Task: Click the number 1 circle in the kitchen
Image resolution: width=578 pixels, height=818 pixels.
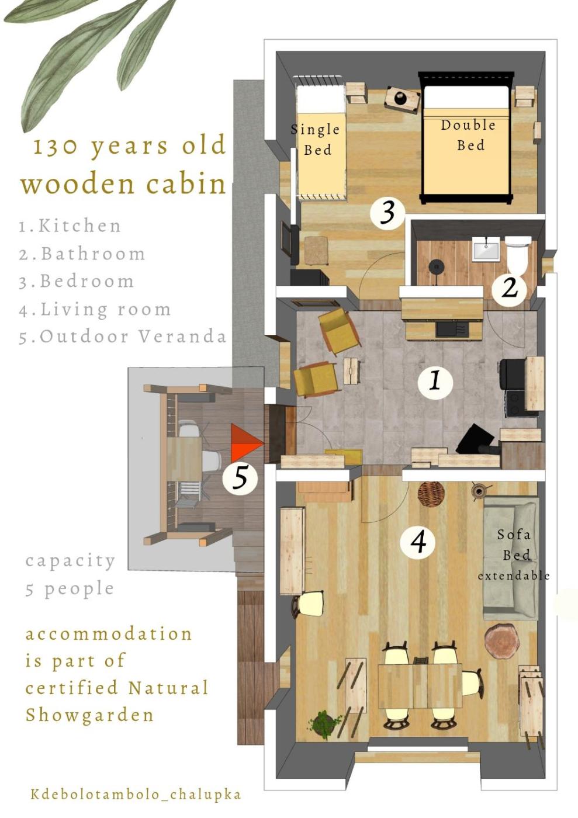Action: (435, 383)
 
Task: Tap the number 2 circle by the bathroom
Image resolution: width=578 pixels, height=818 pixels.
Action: (509, 289)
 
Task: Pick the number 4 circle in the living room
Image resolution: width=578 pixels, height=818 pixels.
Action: (418, 541)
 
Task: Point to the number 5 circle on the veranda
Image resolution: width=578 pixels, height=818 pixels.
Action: (240, 478)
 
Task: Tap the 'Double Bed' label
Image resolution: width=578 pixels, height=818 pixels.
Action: (468, 135)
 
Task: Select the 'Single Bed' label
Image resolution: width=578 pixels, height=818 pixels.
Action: (316, 140)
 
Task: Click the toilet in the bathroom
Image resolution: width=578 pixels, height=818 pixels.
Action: (517, 255)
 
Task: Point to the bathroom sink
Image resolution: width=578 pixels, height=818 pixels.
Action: (486, 249)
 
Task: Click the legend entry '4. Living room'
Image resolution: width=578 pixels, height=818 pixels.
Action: (95, 310)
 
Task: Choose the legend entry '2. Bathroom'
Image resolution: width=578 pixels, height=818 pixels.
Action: (82, 254)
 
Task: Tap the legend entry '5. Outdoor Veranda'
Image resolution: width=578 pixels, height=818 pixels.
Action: (122, 337)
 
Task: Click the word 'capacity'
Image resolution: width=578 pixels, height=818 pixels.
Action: (70, 561)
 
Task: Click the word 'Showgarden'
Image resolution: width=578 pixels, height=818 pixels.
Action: (89, 716)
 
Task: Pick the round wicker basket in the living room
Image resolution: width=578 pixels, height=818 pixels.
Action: (431, 495)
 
